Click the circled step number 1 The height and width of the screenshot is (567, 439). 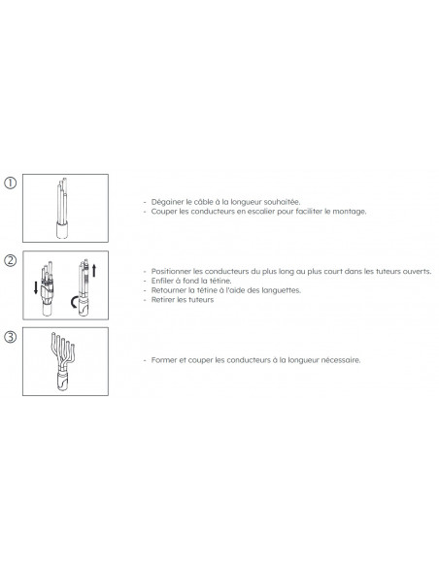(x=10, y=183)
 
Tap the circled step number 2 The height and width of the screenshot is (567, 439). (x=10, y=260)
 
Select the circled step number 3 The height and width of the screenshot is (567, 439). (x=10, y=337)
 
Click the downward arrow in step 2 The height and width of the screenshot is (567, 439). (x=35, y=287)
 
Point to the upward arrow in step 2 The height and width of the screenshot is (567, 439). (x=94, y=271)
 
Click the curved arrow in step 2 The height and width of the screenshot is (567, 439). (x=74, y=302)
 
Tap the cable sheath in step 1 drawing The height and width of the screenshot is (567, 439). (x=62, y=230)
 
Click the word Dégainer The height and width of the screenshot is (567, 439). (x=167, y=202)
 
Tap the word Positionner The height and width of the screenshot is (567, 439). (x=171, y=271)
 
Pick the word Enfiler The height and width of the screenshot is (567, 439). (x=162, y=281)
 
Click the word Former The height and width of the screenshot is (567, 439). (x=164, y=360)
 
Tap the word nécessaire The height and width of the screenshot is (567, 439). (x=341, y=360)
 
